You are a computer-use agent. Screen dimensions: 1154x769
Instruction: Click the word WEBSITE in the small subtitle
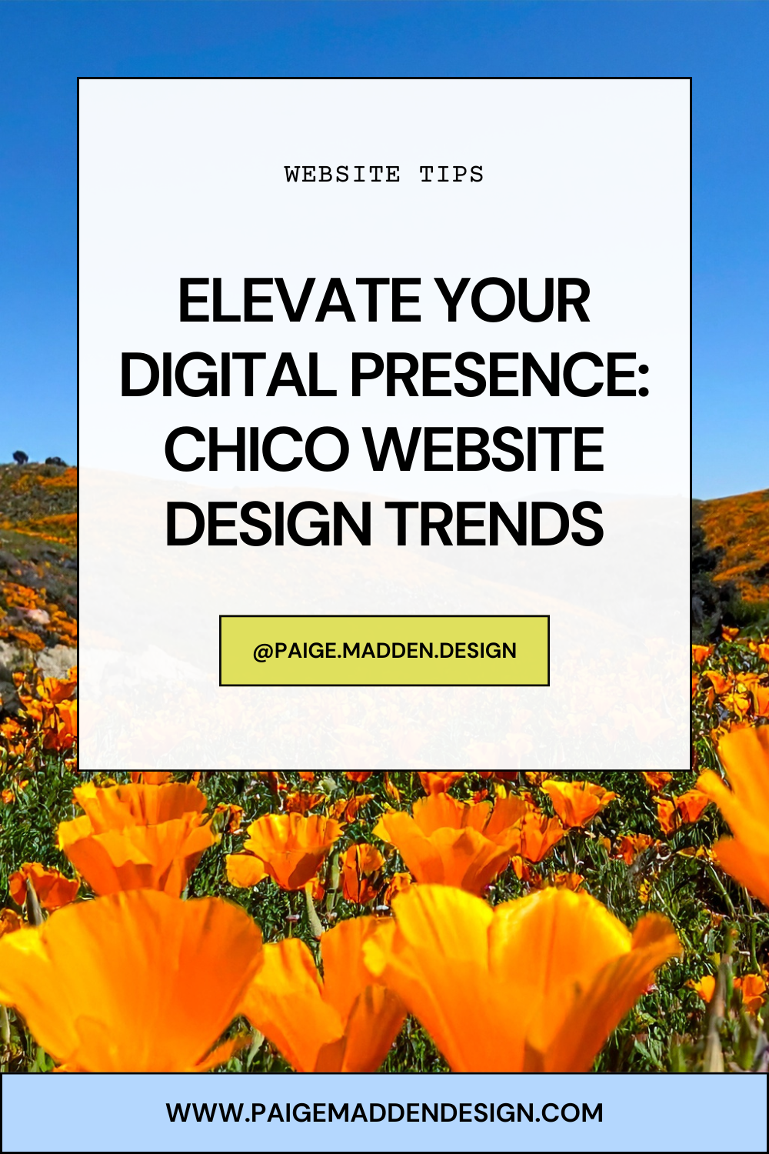(x=342, y=174)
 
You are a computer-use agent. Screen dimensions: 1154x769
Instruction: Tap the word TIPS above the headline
(x=451, y=174)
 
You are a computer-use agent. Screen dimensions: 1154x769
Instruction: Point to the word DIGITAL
(x=228, y=375)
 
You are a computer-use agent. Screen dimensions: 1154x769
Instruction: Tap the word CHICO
(x=256, y=449)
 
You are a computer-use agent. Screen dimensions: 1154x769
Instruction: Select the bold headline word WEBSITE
(x=484, y=449)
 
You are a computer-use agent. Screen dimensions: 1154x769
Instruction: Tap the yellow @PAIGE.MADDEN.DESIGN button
(x=384, y=650)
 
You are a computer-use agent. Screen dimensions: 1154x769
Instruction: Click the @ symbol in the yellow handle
(x=263, y=652)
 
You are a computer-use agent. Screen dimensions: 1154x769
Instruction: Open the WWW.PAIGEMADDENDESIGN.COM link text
(x=384, y=1112)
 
